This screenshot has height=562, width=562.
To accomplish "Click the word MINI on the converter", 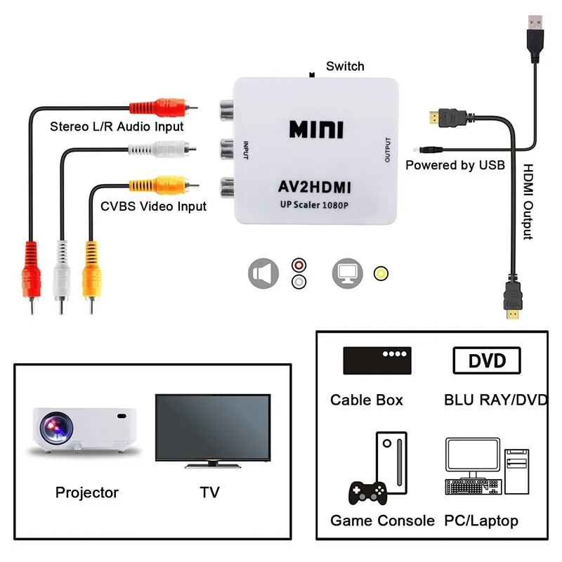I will click(315, 129).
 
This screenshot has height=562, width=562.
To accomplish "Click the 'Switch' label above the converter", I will click(345, 66).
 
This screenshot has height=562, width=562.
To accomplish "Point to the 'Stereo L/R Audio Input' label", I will click(117, 126).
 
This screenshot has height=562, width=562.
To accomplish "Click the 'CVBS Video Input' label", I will click(153, 206).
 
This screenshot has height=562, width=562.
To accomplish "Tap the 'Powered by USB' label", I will click(455, 165).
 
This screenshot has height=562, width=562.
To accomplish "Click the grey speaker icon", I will click(263, 273).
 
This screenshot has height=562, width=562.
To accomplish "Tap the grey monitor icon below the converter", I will click(347, 273).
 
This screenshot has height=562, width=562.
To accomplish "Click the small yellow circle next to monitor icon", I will click(381, 273).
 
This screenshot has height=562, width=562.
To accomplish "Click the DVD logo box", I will click(487, 360).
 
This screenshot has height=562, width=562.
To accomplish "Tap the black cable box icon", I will click(377, 360).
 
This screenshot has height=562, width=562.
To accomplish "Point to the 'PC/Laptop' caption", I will click(481, 521).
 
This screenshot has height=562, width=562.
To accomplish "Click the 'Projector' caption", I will click(87, 492).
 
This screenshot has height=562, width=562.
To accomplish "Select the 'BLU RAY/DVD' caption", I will click(495, 400).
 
